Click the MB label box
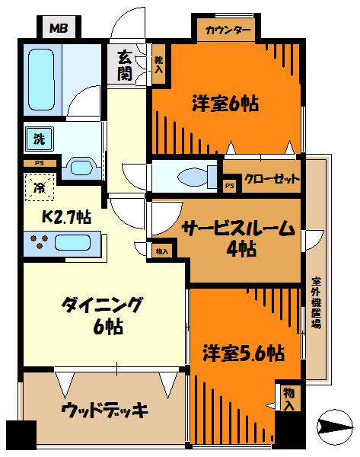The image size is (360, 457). pos(59,30)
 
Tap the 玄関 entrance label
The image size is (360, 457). pos(125,65)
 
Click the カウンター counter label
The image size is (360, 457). pos(228,30)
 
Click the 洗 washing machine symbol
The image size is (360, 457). pos(37,139)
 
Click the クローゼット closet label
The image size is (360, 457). pos(271,181)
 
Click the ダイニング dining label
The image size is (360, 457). pos(103,306)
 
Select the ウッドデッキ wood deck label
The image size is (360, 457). pos(105,411)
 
